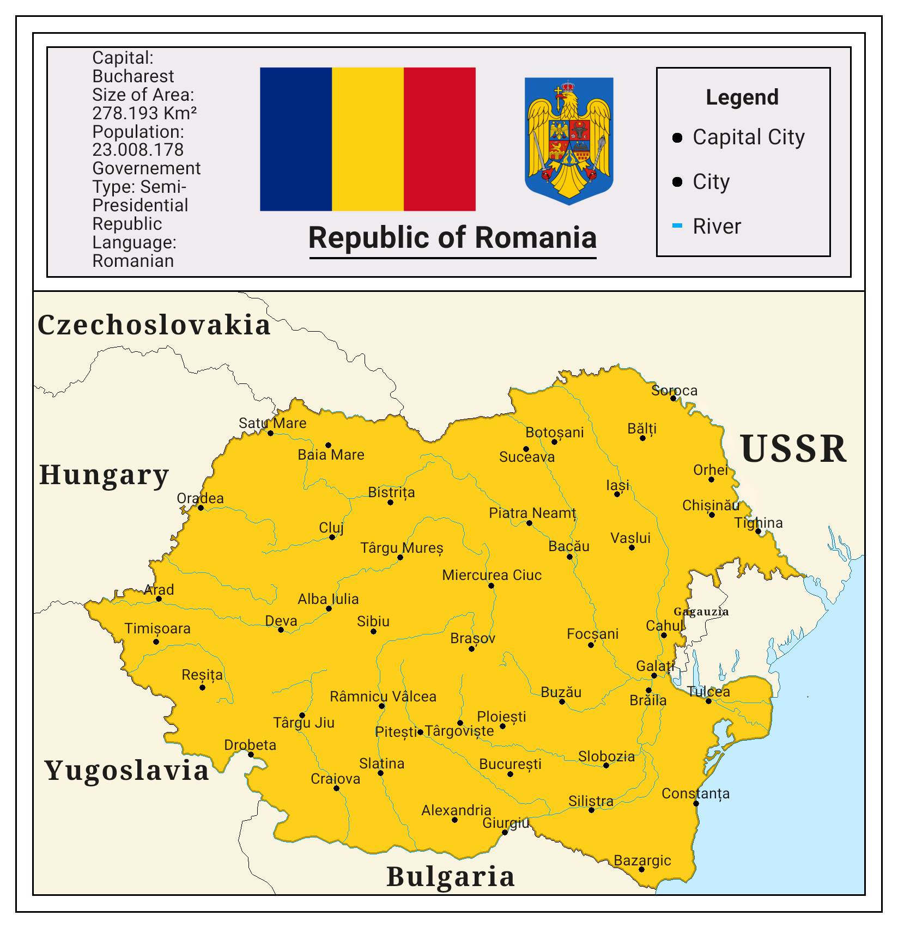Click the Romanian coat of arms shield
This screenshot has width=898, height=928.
coord(569,141)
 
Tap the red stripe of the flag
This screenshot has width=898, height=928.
coord(439,139)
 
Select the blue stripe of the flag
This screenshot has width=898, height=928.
coord(296,139)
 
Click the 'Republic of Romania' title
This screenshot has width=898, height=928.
coord(452,238)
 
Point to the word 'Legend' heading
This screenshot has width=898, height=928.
coord(742,97)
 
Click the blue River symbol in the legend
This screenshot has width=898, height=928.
coord(677,225)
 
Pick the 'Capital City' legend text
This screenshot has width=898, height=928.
coord(748,137)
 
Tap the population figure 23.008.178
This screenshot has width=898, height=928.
coord(138,150)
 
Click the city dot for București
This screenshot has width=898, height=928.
coord(510,774)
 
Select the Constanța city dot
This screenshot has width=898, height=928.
coord(696,803)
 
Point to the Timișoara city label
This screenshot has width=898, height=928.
coord(157,628)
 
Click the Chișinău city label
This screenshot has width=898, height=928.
coord(711,505)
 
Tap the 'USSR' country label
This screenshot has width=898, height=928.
coord(793,449)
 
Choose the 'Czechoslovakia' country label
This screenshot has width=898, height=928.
coord(154,325)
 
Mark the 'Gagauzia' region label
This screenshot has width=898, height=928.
coord(701,612)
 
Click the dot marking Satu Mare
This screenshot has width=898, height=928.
coord(270,433)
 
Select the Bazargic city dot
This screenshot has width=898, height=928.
coord(641,869)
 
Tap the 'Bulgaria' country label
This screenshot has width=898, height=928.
coord(451,877)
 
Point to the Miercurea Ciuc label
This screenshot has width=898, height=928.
coord(492,575)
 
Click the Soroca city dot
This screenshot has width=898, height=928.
coord(673,398)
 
